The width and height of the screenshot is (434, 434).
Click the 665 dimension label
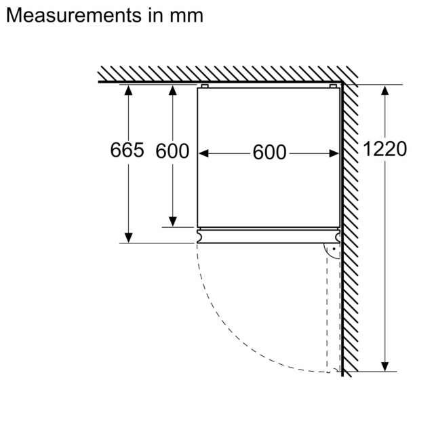(127, 150)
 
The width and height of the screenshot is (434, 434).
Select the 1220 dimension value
(384, 149)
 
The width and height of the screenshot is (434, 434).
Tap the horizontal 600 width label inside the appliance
(269, 152)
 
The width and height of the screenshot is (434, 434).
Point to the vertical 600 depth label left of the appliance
(172, 151)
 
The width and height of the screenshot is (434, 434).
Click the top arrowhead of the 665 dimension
(128, 90)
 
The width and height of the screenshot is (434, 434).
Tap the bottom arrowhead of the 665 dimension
(128, 238)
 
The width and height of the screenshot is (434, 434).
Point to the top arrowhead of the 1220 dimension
(384, 90)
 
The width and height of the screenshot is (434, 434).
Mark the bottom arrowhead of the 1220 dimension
(384, 366)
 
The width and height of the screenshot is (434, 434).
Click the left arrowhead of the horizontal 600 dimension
(203, 153)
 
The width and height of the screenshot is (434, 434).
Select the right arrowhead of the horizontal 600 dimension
(334, 153)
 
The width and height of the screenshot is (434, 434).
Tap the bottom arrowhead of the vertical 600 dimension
(173, 222)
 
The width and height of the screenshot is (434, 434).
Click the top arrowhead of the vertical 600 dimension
(173, 90)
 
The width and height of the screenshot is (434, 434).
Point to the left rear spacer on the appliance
(205, 86)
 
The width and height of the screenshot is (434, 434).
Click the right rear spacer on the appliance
(333, 86)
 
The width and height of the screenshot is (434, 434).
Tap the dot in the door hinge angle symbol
(334, 249)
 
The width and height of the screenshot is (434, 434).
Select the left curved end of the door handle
(199, 237)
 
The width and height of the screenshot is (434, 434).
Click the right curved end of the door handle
(338, 237)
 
